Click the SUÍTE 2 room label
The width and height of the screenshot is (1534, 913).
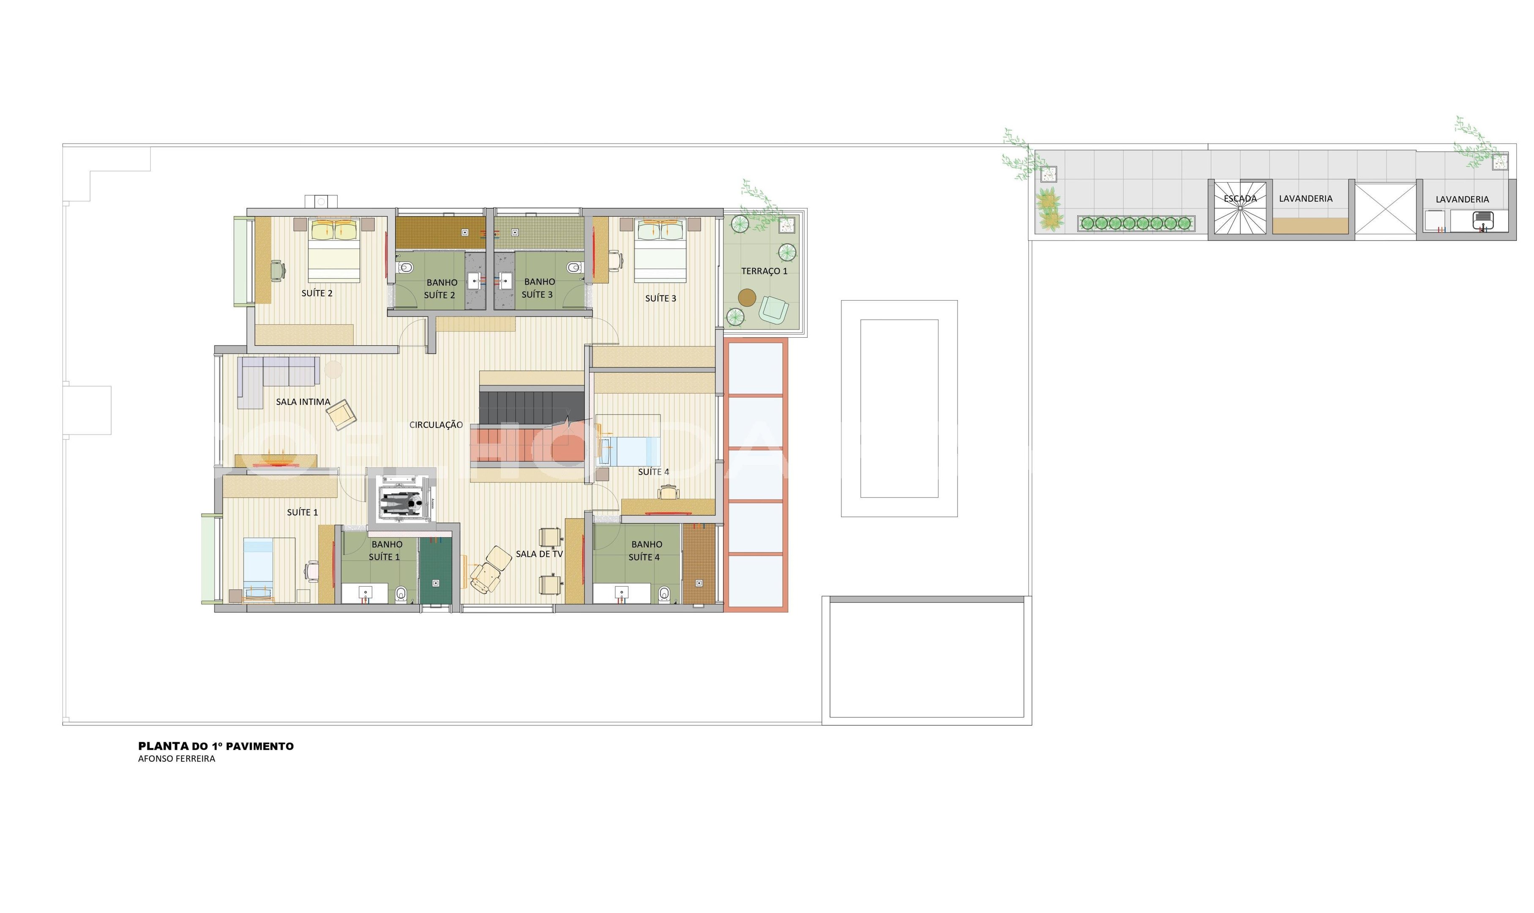click(317, 293)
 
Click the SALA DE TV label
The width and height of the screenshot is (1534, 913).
click(539, 554)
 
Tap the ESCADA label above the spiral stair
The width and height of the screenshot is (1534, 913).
click(1240, 199)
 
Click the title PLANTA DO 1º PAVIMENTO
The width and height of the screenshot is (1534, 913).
click(216, 746)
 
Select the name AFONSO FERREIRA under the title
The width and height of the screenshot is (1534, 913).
click(177, 759)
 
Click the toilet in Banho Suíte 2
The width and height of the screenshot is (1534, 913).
click(405, 267)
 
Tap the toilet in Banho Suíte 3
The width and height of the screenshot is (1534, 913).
click(574, 267)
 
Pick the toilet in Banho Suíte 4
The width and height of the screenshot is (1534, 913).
click(663, 594)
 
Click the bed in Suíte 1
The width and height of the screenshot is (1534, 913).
click(269, 569)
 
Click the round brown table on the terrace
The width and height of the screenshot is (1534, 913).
click(747, 298)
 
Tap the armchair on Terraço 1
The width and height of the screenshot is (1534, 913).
click(773, 309)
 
